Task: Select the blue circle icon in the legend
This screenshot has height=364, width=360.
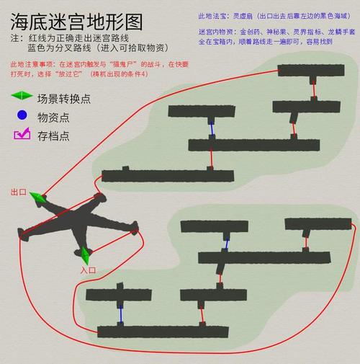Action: coord(22,115)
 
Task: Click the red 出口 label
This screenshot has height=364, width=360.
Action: coord(19,192)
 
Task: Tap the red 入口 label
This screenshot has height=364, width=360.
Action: coord(88,270)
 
